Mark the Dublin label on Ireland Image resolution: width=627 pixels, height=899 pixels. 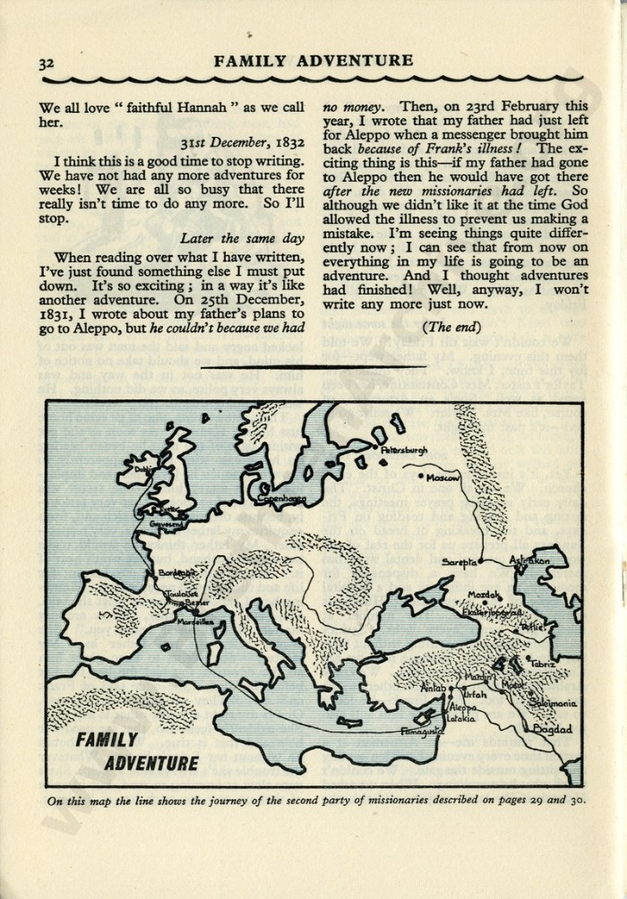[142, 467]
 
